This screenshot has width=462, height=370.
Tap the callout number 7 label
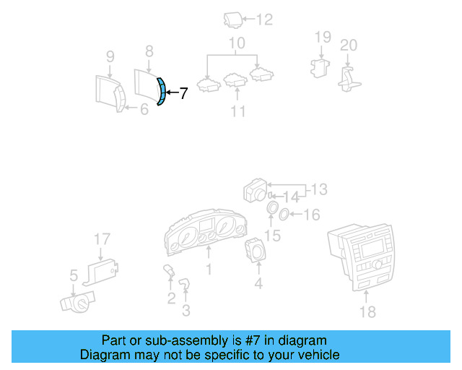[x=183, y=93]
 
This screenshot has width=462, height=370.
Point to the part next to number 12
[x=232, y=20]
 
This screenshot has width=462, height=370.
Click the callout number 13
[x=318, y=189]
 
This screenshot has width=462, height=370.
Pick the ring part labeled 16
[x=284, y=214]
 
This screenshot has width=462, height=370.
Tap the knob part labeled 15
[x=273, y=210]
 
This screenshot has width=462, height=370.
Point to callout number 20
[x=349, y=45]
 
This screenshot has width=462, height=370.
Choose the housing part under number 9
[x=108, y=92]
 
